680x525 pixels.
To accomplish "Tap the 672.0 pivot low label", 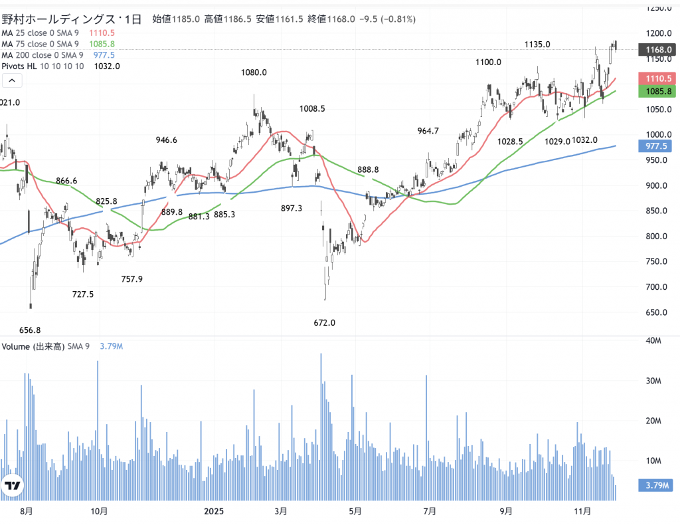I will tap(325, 323).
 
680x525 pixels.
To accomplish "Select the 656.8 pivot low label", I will tap(30, 330).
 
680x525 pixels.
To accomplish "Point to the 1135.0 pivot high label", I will tap(537, 45).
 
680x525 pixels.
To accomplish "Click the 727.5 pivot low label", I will tap(83, 294).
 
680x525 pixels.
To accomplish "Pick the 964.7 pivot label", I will tap(428, 131).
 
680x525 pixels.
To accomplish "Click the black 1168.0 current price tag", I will tap(656, 50).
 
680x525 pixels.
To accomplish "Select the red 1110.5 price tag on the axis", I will tap(656, 78).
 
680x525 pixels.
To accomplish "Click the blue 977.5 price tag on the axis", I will tap(656, 146).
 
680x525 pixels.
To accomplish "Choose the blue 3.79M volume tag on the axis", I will tap(656, 485).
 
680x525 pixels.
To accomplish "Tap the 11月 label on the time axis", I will tap(582, 511).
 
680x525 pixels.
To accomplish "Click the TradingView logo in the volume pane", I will tap(12, 486).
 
